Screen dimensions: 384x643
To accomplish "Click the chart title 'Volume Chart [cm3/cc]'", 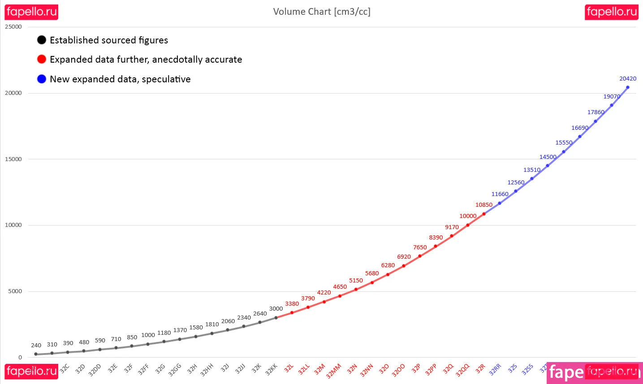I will point(322,12).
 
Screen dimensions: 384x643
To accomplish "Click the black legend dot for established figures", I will point(42,40).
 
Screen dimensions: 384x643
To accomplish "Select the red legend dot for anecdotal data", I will point(42,59).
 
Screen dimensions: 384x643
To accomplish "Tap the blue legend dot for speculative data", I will point(42,79).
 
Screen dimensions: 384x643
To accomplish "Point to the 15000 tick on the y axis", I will point(13,159).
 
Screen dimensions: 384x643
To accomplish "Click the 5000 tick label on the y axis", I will point(15,291).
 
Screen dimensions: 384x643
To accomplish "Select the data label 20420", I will point(628,79).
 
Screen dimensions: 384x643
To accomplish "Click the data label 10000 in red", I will point(468,216).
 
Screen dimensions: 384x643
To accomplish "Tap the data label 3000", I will point(276,309).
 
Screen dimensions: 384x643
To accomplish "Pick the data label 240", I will point(36,346).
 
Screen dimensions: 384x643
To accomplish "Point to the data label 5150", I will point(356,281).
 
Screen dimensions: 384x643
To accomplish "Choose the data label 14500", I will point(548,157).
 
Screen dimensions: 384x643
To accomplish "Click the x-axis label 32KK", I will point(272,369).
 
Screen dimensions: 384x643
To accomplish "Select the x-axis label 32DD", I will point(95,370).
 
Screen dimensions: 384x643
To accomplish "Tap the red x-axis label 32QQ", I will point(462,370).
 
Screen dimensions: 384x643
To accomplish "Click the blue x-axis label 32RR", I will point(495,369).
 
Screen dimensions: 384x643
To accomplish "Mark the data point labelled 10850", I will point(484,214).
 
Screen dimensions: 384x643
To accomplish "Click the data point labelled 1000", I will point(148,344).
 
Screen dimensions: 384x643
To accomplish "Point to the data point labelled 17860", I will point(596,121).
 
